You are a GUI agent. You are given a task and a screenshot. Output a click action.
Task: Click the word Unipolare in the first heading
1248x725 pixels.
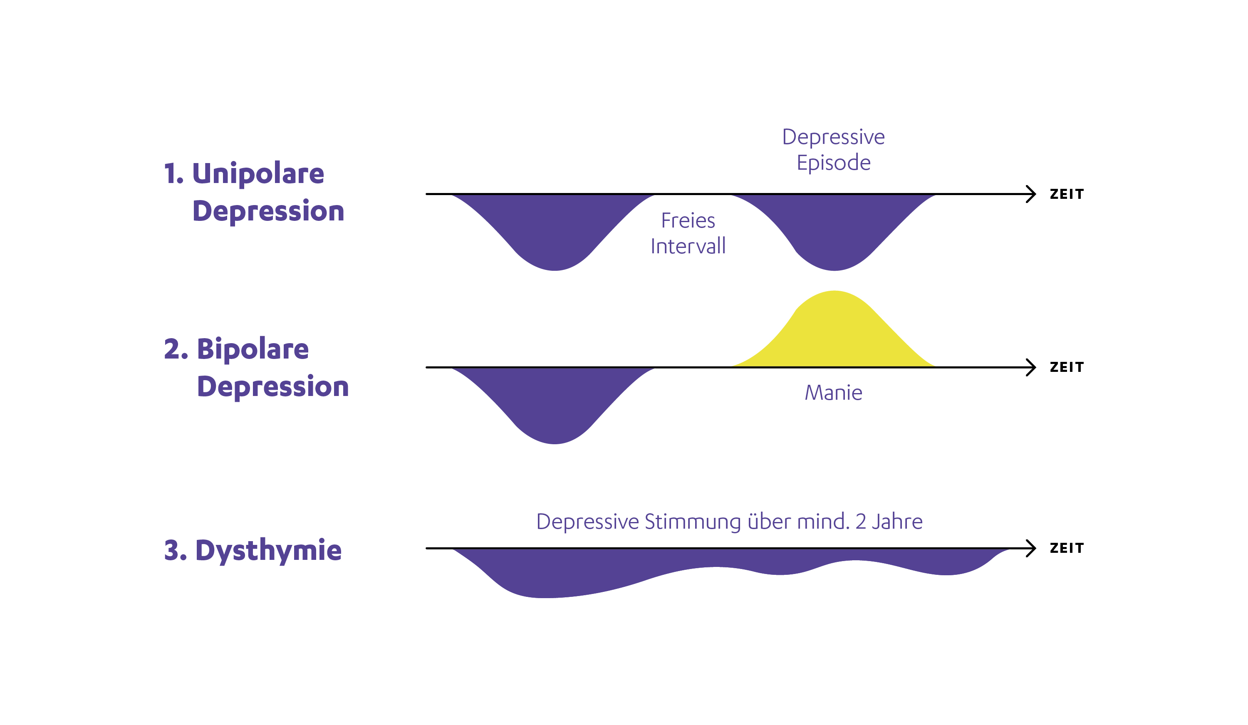(258, 173)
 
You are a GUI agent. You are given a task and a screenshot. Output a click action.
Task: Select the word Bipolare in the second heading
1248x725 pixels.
(253, 349)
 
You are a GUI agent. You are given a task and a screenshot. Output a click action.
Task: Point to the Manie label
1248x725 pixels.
(834, 393)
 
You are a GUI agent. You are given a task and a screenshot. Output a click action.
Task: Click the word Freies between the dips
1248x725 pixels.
(688, 221)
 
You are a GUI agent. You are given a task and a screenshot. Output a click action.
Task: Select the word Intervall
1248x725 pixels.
(688, 247)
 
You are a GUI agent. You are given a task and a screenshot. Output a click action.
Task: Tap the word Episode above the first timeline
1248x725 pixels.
(834, 163)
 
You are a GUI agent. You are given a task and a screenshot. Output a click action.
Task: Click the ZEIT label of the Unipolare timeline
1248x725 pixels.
(1067, 194)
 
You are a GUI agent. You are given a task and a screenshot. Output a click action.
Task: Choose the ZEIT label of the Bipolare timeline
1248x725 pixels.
(1067, 367)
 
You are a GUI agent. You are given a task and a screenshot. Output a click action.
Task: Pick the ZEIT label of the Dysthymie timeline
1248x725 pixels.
(1067, 548)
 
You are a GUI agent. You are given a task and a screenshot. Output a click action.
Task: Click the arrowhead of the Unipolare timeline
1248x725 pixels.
(1032, 194)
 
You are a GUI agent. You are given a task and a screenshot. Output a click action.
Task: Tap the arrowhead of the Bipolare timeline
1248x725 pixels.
(1032, 367)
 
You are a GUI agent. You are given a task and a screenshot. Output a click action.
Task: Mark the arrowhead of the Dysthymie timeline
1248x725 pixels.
(1032, 548)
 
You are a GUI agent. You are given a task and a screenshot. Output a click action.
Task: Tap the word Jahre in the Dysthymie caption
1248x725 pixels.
(897, 522)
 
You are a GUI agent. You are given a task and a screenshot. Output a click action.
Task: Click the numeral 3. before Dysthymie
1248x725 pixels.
(175, 550)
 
